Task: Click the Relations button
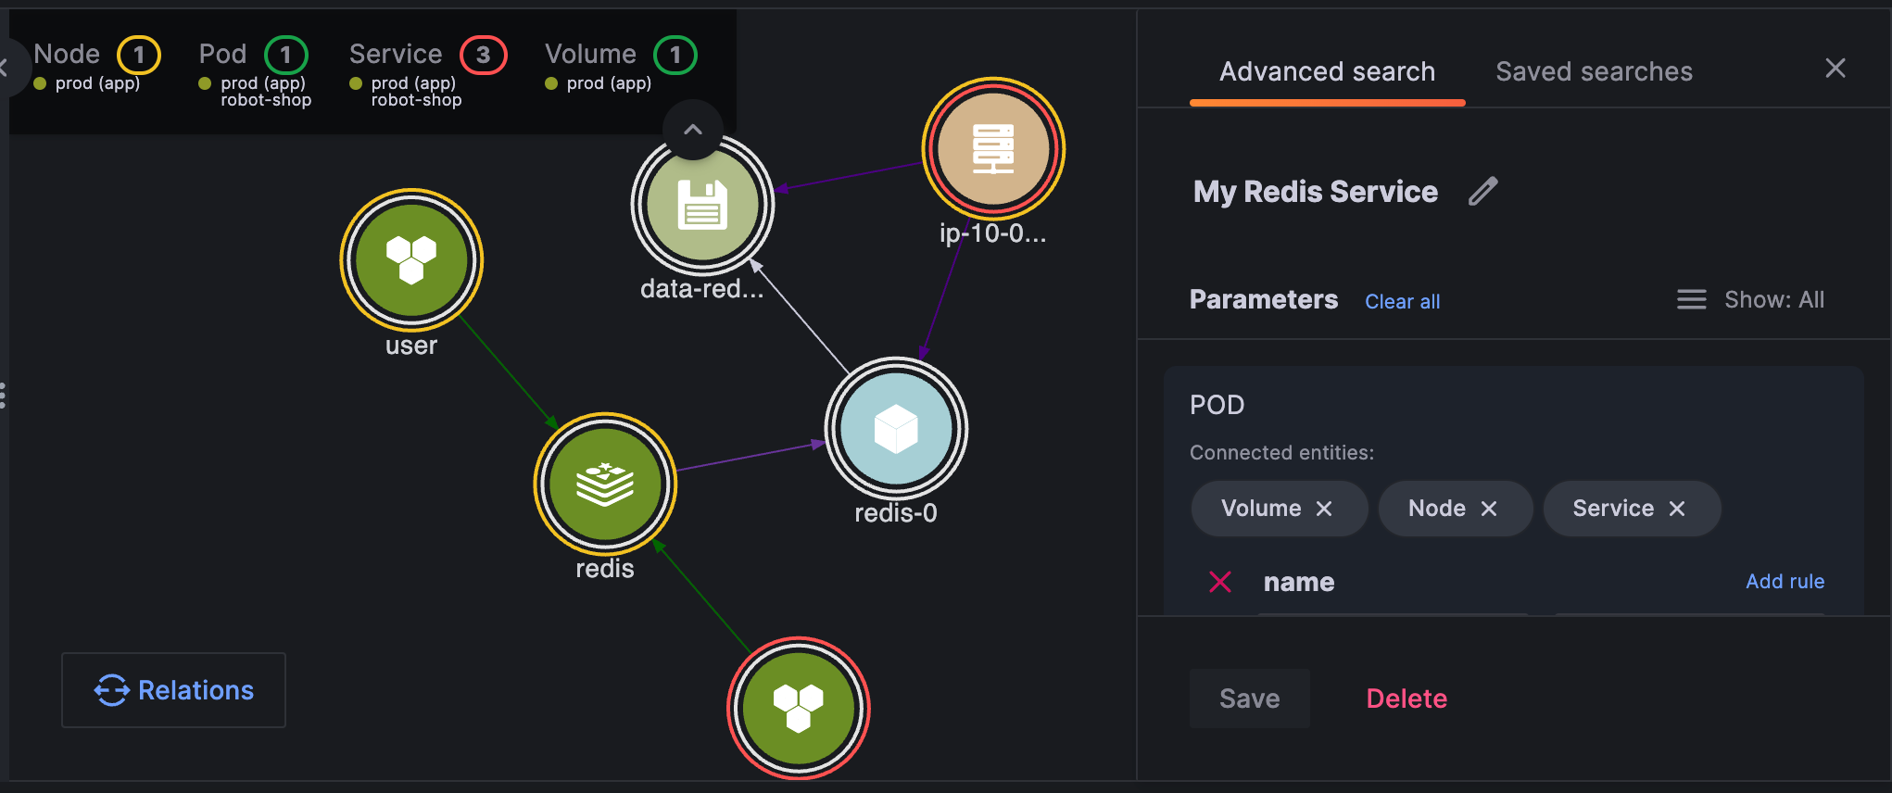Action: tap(173, 690)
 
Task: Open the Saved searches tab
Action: tap(1594, 71)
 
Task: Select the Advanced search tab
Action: tap(1327, 71)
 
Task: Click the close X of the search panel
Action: tap(1835, 68)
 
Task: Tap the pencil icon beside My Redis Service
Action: tap(1483, 191)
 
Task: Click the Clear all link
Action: tap(1402, 301)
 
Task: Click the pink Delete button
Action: tap(1406, 699)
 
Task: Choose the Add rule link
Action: tap(1785, 581)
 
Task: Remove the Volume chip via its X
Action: tap(1324, 509)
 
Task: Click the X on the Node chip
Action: tap(1489, 509)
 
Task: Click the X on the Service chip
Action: tap(1677, 509)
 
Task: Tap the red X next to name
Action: tap(1220, 582)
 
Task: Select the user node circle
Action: tap(411, 259)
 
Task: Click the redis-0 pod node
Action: tap(896, 429)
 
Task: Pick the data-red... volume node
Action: tap(702, 205)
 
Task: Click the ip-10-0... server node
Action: tap(993, 148)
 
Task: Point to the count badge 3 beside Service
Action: tap(484, 55)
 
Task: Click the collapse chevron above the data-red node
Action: tap(693, 130)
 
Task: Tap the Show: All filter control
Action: tap(1750, 299)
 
